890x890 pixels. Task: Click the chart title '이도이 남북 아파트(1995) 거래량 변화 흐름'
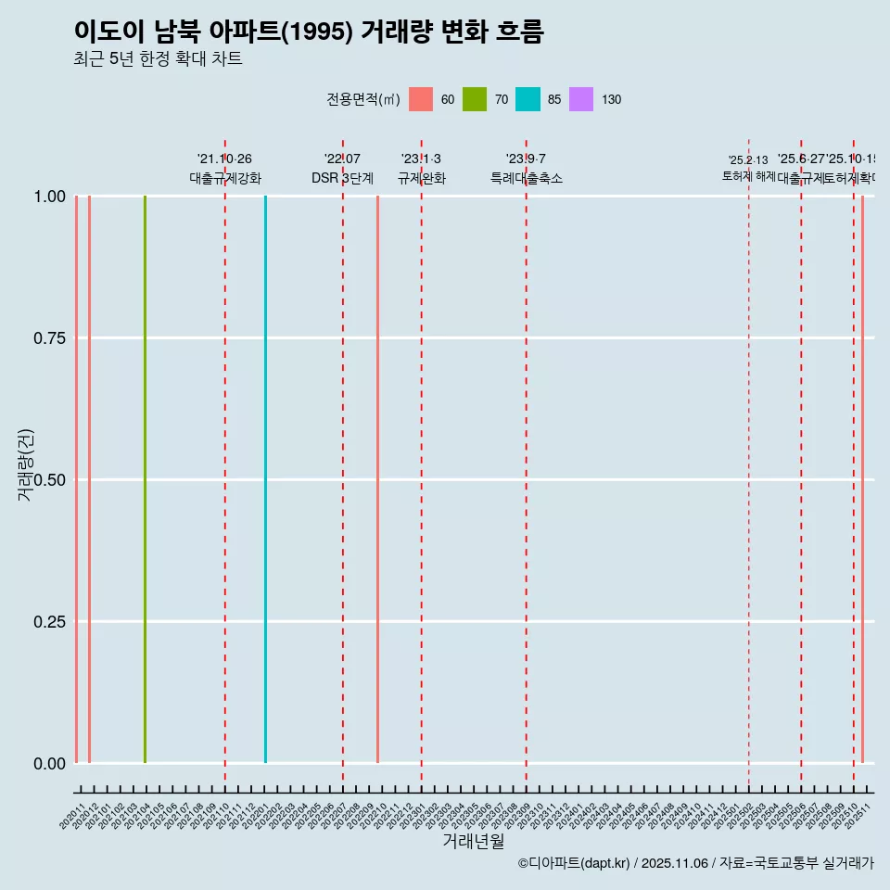tap(309, 32)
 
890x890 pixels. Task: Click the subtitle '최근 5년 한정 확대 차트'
tap(158, 59)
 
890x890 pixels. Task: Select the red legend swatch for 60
tap(421, 99)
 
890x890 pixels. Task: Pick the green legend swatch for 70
tap(475, 99)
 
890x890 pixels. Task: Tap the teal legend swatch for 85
tap(528, 99)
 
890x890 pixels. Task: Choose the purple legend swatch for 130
tap(581, 99)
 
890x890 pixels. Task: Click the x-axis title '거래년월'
tap(474, 841)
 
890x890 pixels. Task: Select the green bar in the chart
tap(145, 479)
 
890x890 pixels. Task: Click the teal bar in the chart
tap(265, 479)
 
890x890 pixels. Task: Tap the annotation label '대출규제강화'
tap(225, 178)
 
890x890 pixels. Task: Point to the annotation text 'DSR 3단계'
tap(342, 178)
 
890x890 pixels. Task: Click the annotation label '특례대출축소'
tap(527, 178)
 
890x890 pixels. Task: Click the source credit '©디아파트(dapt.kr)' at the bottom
tap(574, 863)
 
